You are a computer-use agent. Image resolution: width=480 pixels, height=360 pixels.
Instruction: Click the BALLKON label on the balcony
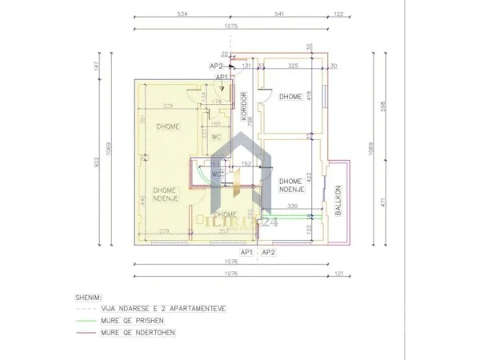coord(338,199)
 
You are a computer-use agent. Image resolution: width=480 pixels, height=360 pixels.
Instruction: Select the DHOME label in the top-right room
coord(290,98)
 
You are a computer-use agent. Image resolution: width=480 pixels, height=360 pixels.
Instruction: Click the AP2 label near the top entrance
coord(215,66)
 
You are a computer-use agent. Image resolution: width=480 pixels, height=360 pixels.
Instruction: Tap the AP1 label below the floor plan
coord(247,253)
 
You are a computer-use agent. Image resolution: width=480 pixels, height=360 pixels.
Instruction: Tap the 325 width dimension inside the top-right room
coord(293,66)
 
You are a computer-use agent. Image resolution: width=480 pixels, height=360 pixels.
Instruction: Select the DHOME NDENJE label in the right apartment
coord(290,186)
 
